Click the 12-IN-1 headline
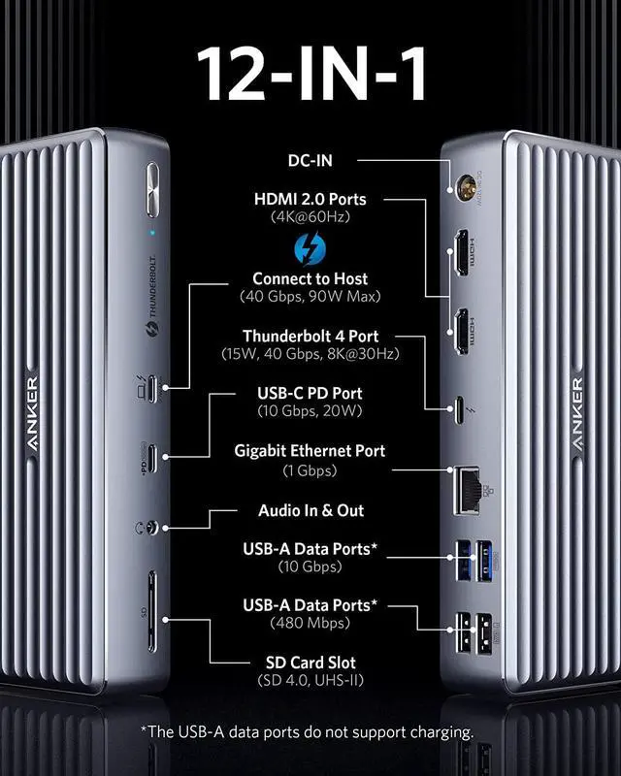(x=310, y=72)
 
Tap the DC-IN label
(x=310, y=160)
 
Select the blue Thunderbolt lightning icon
(x=310, y=250)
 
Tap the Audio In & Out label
(x=310, y=510)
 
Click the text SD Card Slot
(x=310, y=663)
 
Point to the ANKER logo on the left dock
(x=32, y=408)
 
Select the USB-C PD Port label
(x=310, y=393)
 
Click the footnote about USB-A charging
(x=310, y=731)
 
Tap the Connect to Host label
(x=310, y=278)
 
